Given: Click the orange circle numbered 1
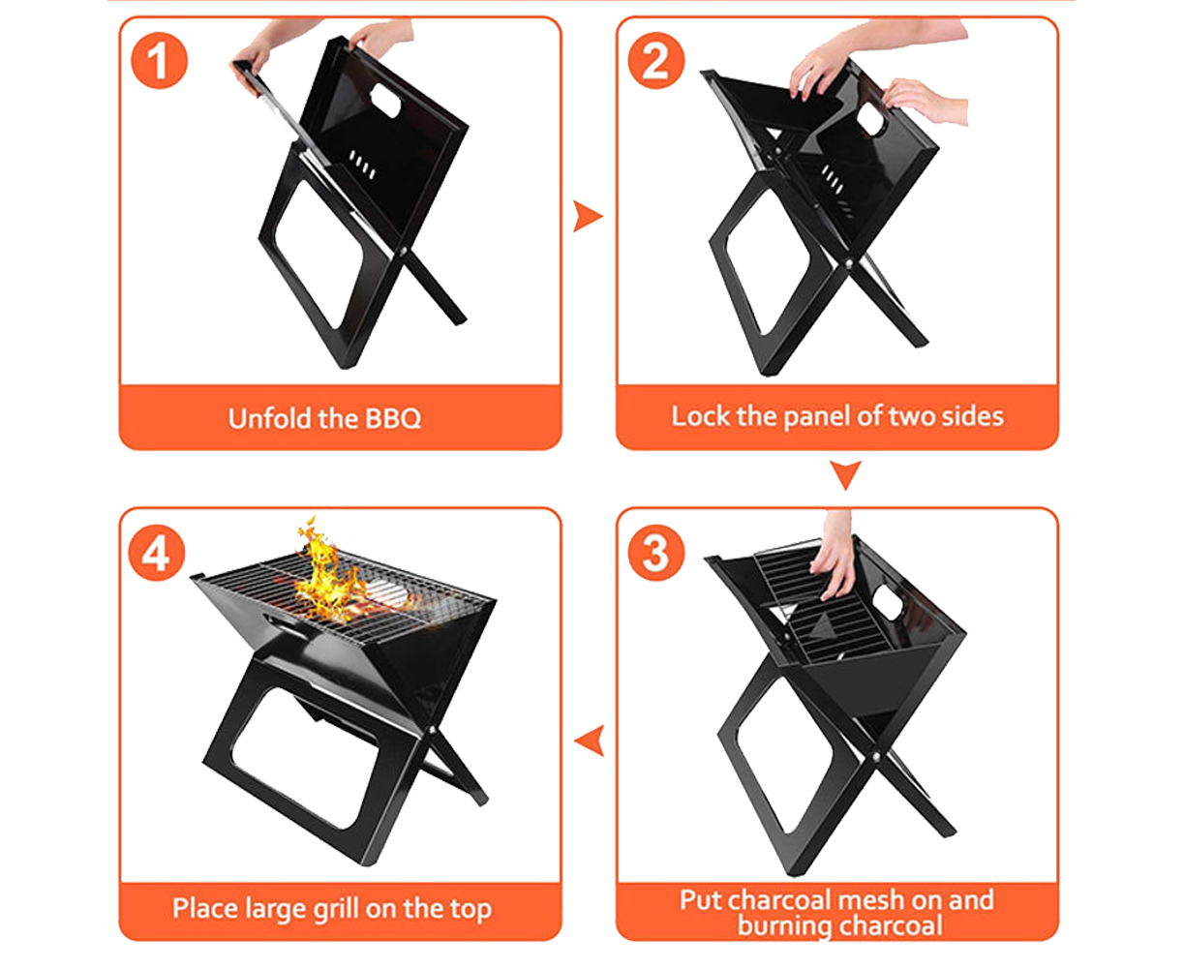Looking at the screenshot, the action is point(159,61).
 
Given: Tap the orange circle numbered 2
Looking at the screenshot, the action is point(655,61).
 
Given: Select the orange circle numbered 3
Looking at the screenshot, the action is point(655,553).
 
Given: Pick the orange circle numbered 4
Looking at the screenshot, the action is point(157,553).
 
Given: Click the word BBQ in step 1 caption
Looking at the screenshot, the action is point(392,418).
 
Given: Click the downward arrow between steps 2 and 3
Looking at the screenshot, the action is point(845,475).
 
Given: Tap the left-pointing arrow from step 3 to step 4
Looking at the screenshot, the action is point(589,741).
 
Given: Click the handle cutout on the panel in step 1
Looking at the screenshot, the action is point(385,101).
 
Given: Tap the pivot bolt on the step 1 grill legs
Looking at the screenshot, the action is point(403,250).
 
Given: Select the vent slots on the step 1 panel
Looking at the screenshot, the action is point(361,165).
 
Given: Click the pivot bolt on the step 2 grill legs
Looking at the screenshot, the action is point(848,261).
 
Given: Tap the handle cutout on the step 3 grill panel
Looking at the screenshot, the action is point(888,603).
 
